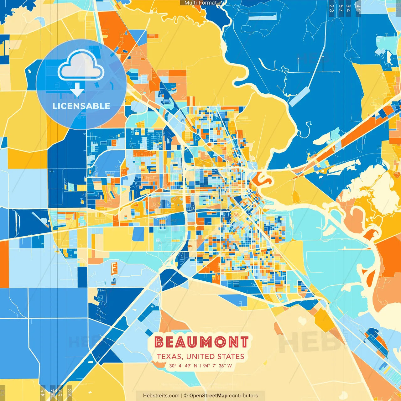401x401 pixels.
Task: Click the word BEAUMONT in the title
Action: coord(201,342)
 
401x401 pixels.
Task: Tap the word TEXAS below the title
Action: coord(169,357)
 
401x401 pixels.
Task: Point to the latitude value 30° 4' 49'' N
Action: coord(183,366)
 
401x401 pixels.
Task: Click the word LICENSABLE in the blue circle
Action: coord(81,106)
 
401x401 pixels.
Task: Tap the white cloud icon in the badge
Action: coord(81,65)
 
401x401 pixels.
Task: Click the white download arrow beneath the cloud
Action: coord(77,91)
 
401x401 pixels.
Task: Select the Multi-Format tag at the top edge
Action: coord(200,3)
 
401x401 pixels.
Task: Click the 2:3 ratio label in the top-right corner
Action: coord(331,8)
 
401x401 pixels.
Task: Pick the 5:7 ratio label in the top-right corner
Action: coord(341,8)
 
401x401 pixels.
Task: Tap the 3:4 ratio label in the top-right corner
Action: coord(348,8)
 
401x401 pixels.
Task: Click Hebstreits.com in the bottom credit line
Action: coord(161,396)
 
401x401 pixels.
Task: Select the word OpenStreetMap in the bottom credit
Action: coord(208,396)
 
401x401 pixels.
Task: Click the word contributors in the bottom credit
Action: coord(243,396)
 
